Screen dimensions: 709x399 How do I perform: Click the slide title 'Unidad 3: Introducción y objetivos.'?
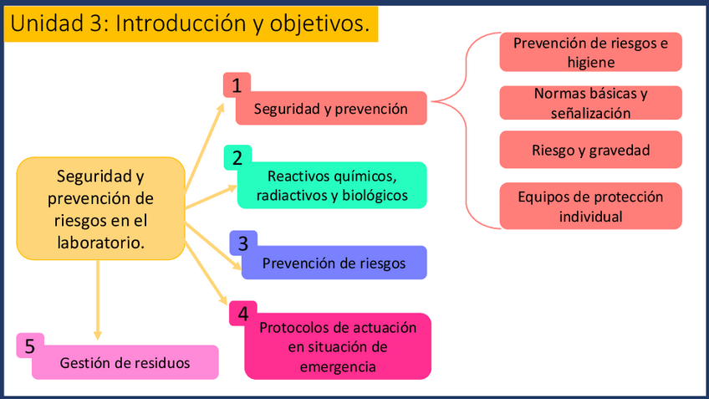(x=191, y=24)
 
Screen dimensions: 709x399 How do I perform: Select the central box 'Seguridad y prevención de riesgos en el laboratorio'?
(x=100, y=207)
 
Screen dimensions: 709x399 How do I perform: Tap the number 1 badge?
(x=237, y=84)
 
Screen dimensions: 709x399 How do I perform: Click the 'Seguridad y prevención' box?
(x=331, y=109)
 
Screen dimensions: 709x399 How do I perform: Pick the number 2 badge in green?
(x=237, y=157)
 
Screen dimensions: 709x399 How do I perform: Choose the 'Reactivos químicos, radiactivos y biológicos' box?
(x=333, y=186)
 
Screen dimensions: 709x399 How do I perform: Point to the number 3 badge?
(x=242, y=243)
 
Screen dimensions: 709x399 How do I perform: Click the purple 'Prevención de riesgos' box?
(x=334, y=263)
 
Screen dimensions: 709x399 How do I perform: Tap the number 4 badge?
(x=242, y=314)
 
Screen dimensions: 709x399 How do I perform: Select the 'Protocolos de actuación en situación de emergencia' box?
(x=338, y=346)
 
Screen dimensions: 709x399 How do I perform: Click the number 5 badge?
(x=29, y=345)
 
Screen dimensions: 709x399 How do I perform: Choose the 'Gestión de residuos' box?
(x=125, y=363)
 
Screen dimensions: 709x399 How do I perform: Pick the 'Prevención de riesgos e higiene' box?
(x=590, y=52)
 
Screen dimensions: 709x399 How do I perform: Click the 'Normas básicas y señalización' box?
(x=590, y=102)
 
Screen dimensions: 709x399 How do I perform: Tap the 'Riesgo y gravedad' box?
(x=590, y=151)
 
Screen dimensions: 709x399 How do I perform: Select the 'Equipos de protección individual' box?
(x=590, y=206)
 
